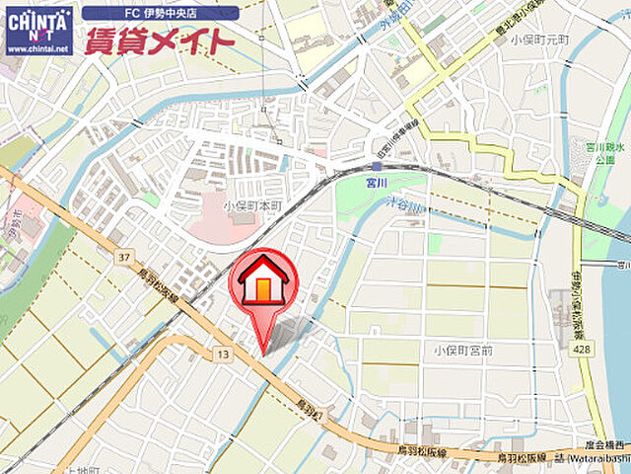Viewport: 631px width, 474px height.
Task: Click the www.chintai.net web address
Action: pyautogui.click(x=38, y=47)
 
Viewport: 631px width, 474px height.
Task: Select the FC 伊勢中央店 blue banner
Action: pyautogui.click(x=160, y=14)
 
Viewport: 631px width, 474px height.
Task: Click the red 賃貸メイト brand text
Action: pyautogui.click(x=160, y=41)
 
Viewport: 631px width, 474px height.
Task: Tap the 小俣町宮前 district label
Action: pyautogui.click(x=460, y=350)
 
